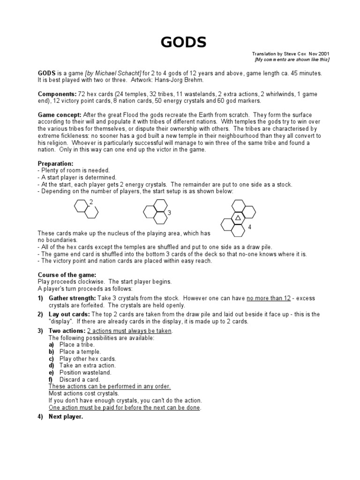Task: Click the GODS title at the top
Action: click(183, 43)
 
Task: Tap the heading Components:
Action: click(54, 94)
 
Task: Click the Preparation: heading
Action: click(55, 164)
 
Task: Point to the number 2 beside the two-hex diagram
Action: click(91, 202)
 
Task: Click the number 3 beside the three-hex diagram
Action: click(169, 213)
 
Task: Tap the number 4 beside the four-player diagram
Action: click(249, 227)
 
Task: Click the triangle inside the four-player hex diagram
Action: click(238, 218)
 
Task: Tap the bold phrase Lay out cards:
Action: click(70, 314)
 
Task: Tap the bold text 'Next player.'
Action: click(66, 417)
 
